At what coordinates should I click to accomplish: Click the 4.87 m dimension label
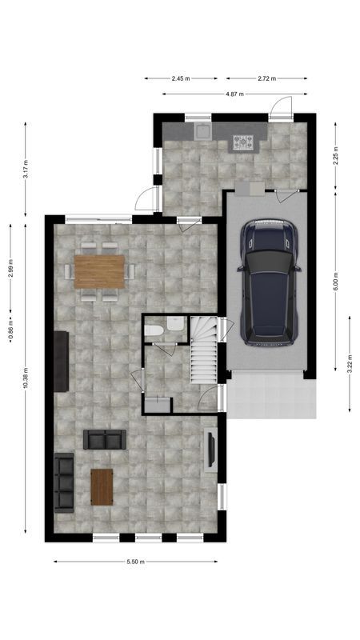click(x=234, y=94)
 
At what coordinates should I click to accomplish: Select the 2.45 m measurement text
click(x=181, y=78)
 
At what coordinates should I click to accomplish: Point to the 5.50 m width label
click(x=135, y=562)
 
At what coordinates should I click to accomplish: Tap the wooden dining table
click(x=100, y=270)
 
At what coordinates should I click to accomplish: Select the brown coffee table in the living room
click(x=102, y=486)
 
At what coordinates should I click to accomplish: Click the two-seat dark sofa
click(x=105, y=438)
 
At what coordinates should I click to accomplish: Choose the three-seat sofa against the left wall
click(x=63, y=481)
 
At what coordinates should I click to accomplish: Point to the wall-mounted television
click(x=210, y=449)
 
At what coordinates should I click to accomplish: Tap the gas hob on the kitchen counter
click(x=243, y=142)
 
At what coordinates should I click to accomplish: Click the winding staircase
click(x=203, y=349)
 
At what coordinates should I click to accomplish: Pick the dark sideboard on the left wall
click(x=61, y=361)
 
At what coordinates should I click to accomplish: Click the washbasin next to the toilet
click(x=173, y=329)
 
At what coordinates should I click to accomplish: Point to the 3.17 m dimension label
click(x=26, y=170)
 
